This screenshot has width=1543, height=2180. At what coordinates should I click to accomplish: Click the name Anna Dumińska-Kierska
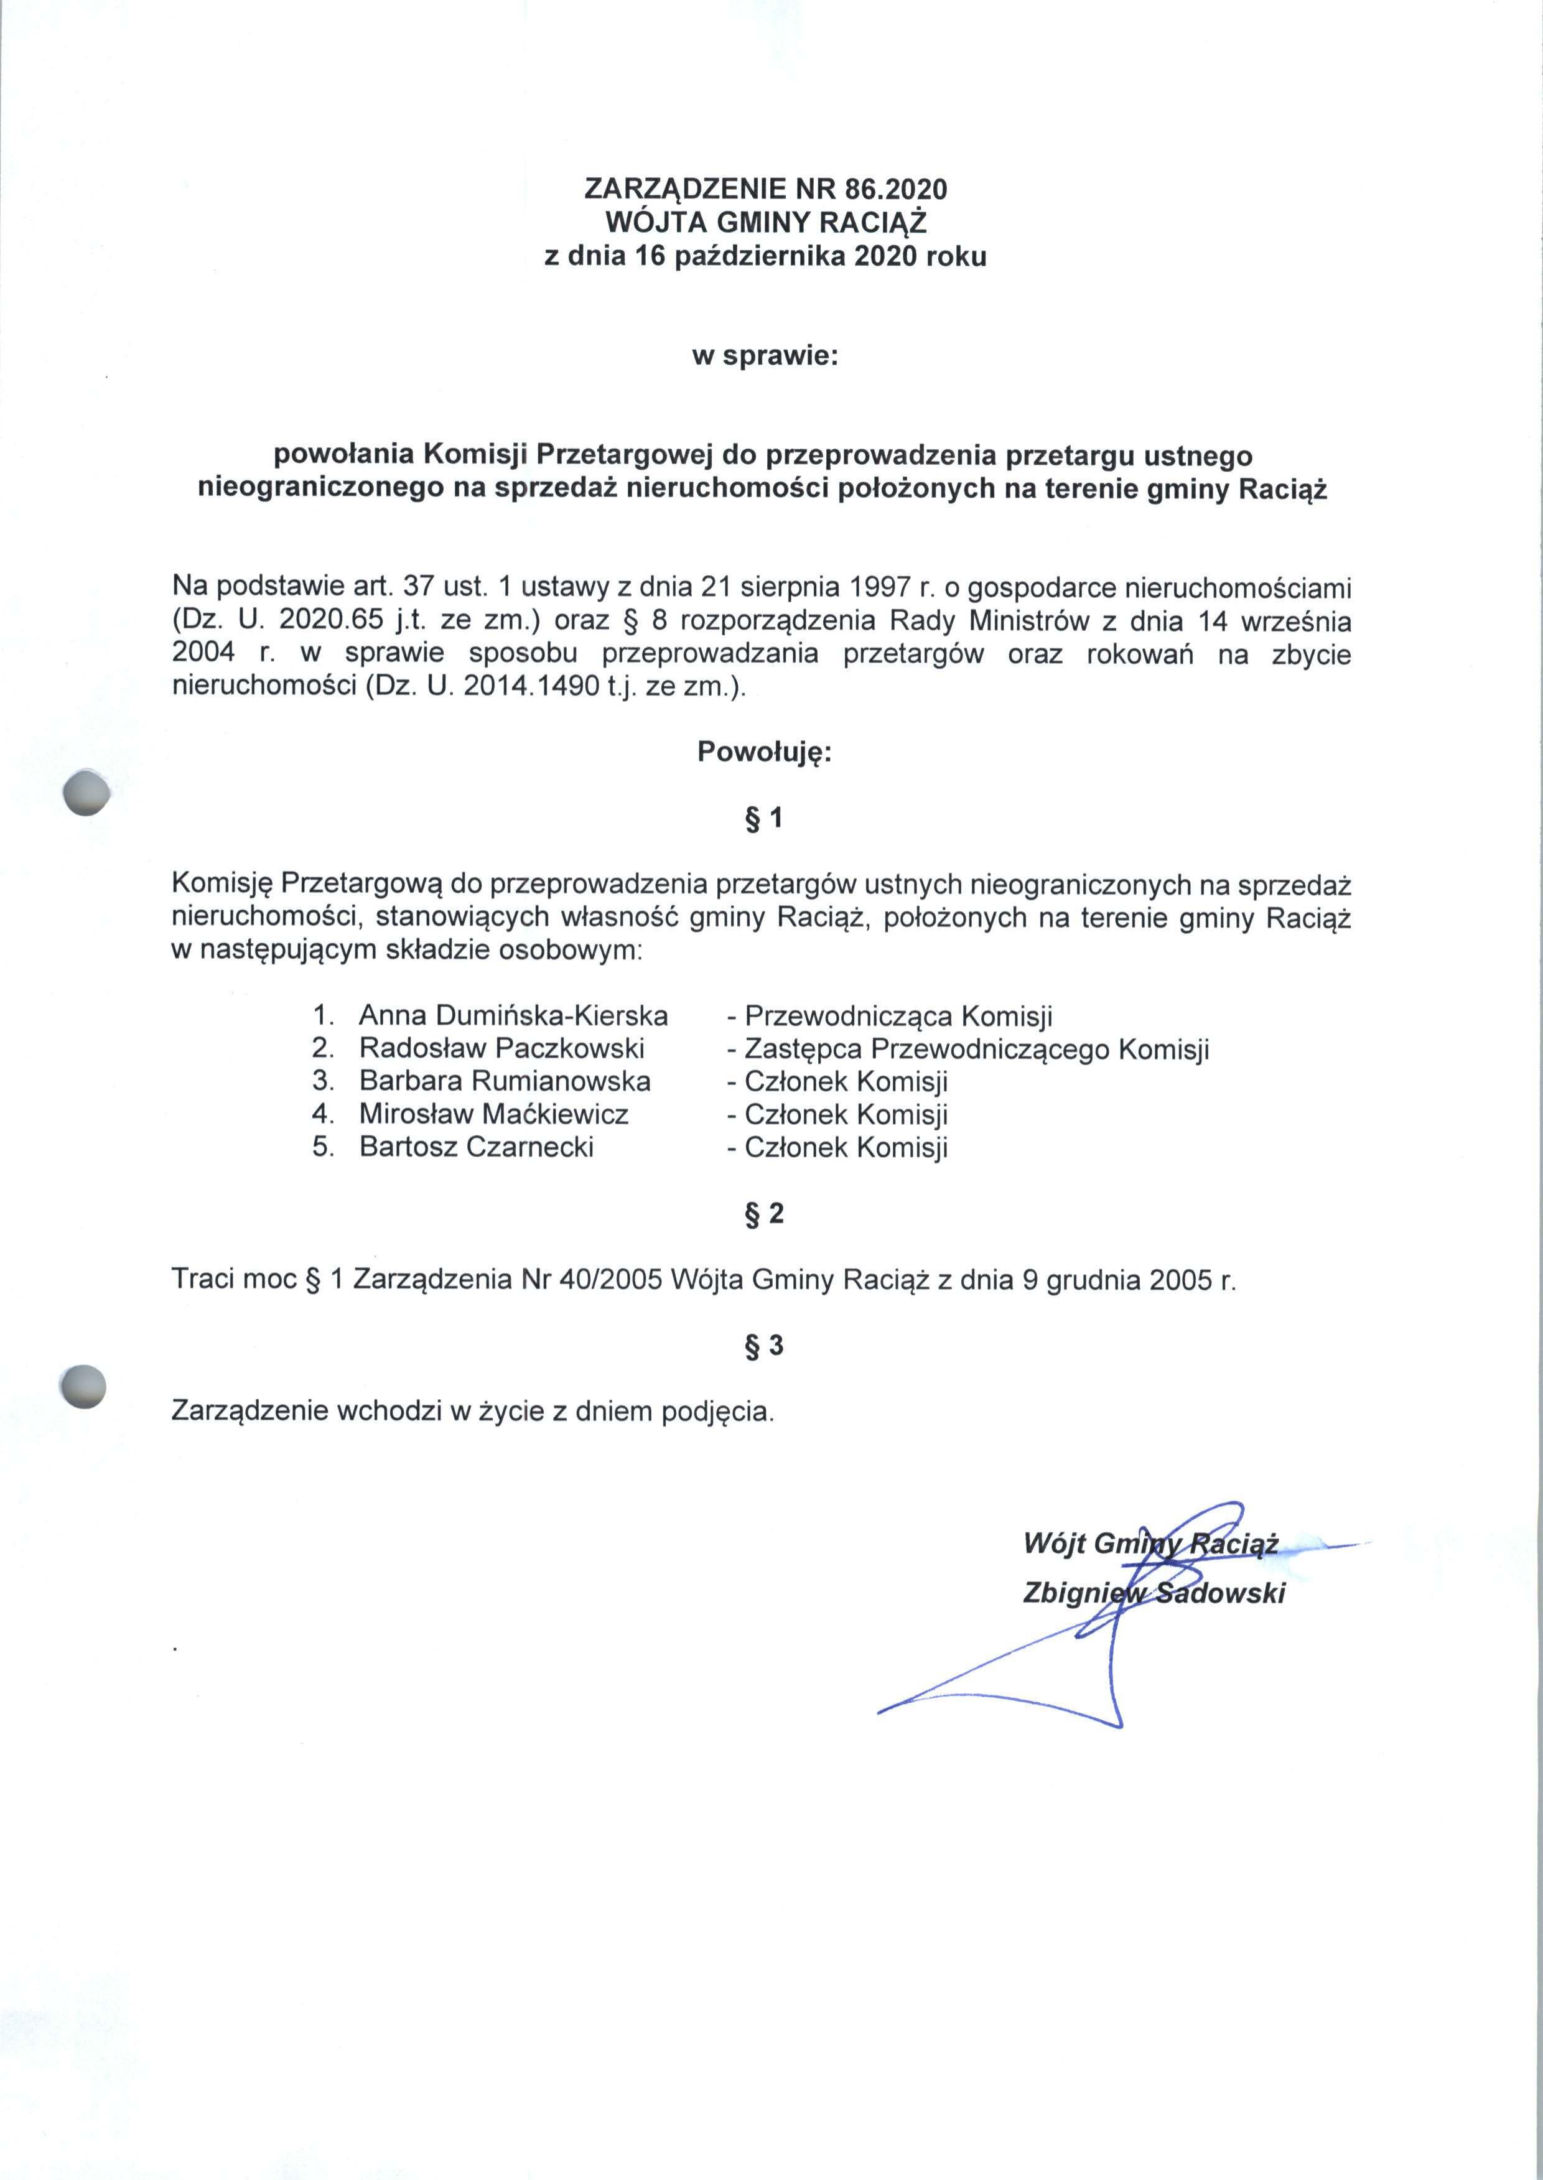point(513,1015)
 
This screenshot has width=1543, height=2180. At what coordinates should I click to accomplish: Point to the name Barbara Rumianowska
point(505,1081)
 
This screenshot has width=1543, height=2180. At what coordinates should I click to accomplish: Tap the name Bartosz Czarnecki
point(476,1147)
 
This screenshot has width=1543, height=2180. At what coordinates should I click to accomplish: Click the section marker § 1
point(764,818)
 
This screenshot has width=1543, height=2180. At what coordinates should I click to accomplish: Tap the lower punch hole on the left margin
point(81,1386)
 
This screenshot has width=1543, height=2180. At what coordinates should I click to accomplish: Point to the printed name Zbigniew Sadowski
point(1154,1593)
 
